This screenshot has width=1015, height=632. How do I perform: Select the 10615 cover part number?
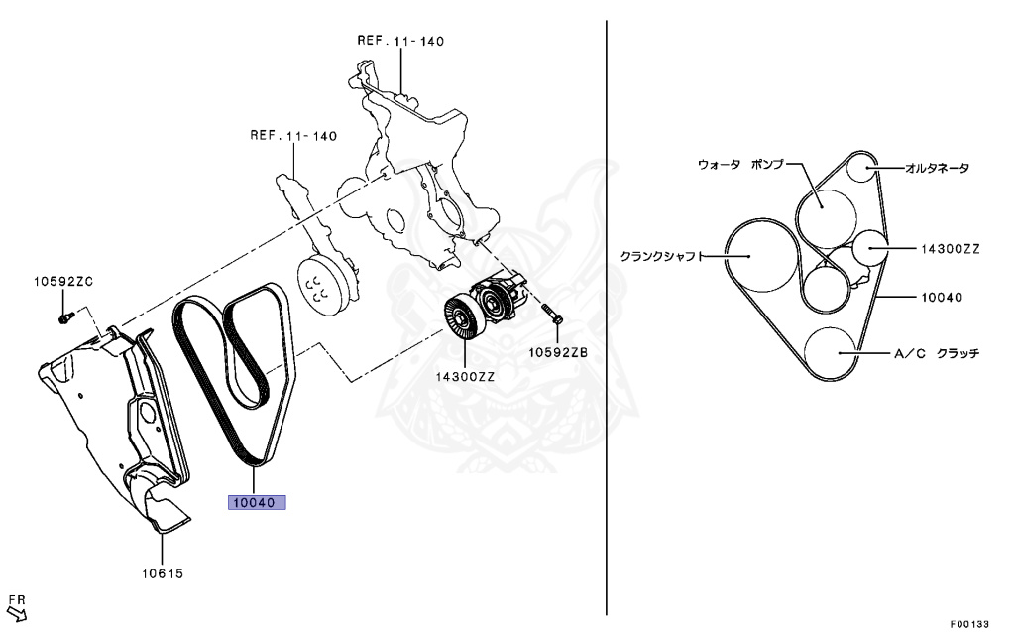(161, 573)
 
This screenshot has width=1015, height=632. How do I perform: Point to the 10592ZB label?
(557, 352)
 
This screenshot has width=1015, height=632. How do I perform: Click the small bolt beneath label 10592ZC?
(65, 318)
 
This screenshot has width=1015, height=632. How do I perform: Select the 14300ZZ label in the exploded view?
(464, 377)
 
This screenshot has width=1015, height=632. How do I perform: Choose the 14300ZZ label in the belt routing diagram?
(949, 249)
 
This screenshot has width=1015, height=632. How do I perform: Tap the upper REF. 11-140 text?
(400, 42)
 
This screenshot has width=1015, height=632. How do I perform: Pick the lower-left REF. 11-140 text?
(293, 135)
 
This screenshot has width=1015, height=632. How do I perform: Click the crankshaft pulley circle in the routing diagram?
(758, 256)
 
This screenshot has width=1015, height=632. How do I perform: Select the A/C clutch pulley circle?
(831, 352)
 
